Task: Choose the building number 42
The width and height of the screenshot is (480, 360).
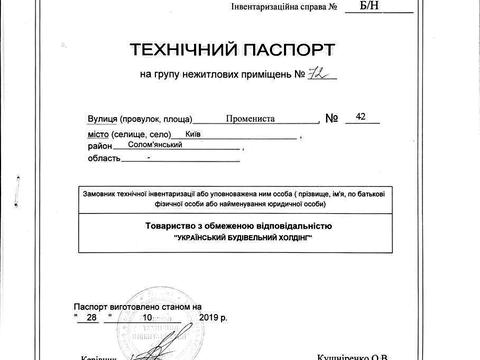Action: pyautogui.click(x=362, y=116)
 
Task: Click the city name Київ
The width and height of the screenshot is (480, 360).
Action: pyautogui.click(x=193, y=133)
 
